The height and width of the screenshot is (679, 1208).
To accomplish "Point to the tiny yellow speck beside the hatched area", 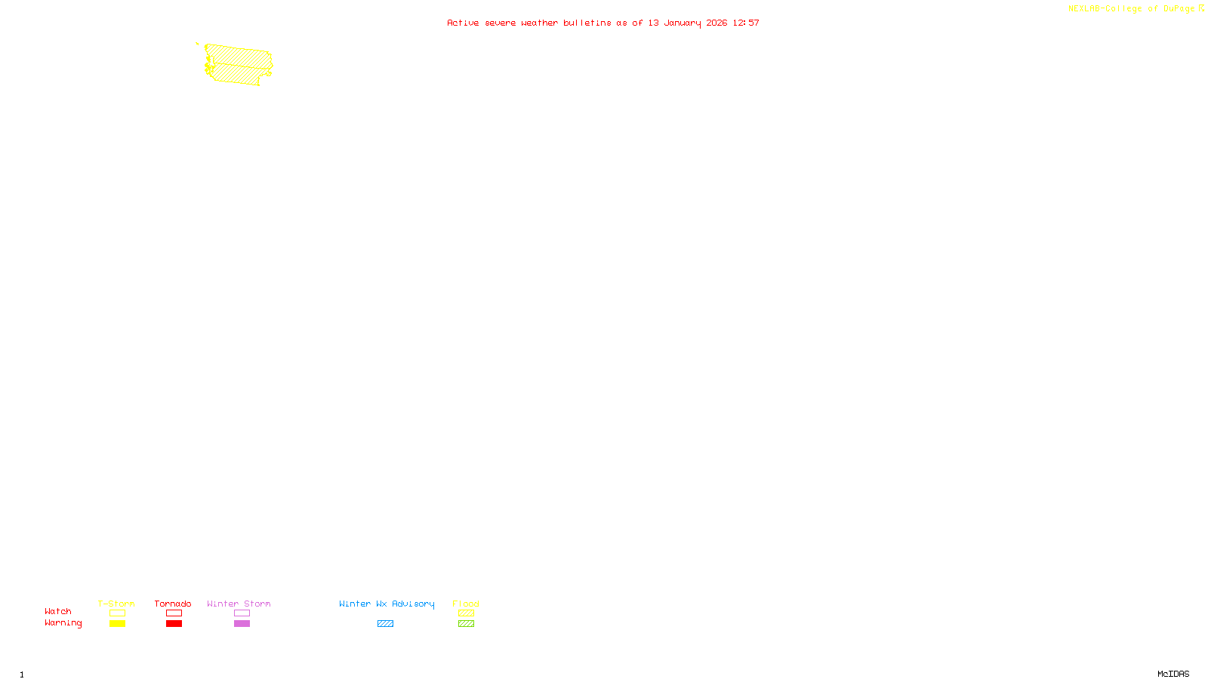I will point(197,44).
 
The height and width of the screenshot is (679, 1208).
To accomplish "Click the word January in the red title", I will point(683,23).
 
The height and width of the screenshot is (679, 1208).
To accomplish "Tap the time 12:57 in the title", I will point(746,23).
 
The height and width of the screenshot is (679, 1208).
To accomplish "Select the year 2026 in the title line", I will point(716,23).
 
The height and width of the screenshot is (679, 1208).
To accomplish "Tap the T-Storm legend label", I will point(116,604).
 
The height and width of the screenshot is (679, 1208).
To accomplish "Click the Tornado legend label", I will point(173,604).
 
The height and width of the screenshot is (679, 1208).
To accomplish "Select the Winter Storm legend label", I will point(239,604).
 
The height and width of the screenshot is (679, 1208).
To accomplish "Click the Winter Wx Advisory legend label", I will point(387,604).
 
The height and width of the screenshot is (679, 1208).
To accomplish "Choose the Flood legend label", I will point(466,604).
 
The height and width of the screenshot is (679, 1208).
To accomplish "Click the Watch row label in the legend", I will point(58,612).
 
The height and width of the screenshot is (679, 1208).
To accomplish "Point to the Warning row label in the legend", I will point(63,623).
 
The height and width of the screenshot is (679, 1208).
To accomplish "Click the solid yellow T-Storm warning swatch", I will point(117,624).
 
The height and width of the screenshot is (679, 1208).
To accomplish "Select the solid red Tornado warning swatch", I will point(174,624).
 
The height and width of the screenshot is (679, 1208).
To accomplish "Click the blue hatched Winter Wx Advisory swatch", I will point(385,624).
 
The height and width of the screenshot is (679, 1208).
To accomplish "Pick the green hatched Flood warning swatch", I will point(466,624).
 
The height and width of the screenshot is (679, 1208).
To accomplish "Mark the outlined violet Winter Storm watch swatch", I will point(242,613).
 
